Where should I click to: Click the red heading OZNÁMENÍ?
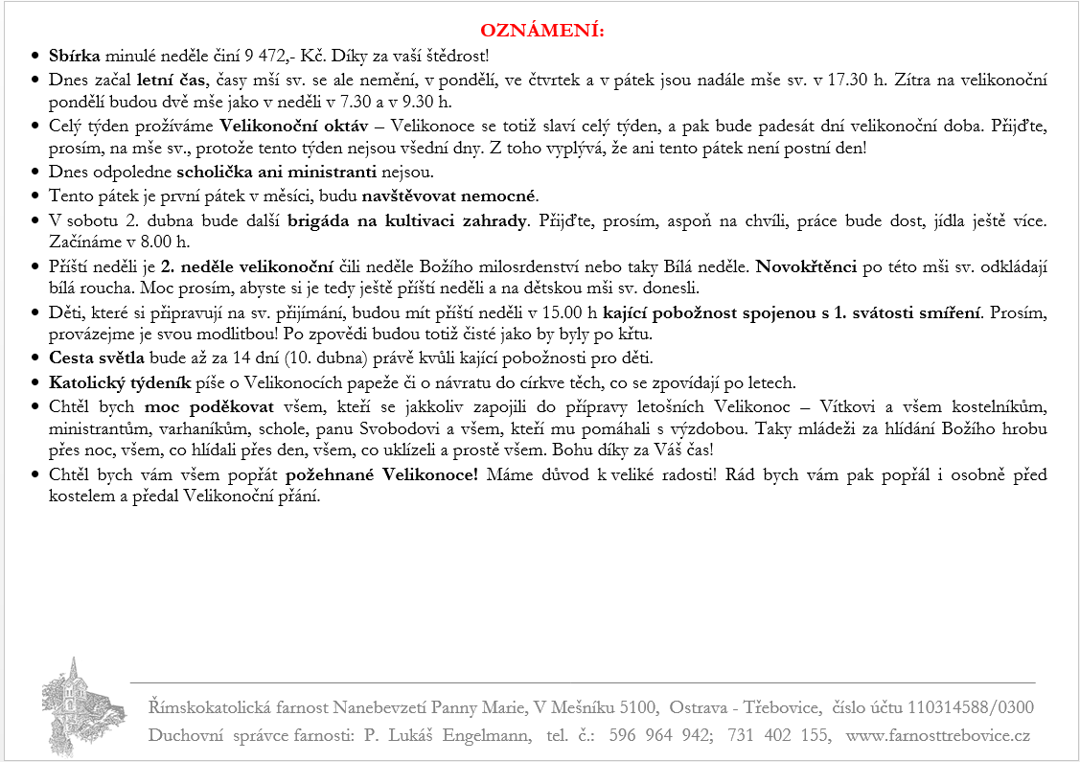coord(542,31)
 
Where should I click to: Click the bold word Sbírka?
coord(74,56)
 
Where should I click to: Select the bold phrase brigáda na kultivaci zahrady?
coord(407,219)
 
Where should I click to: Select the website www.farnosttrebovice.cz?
coord(938,735)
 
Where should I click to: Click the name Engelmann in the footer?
coord(484,735)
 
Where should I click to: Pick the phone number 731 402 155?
coord(778,735)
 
